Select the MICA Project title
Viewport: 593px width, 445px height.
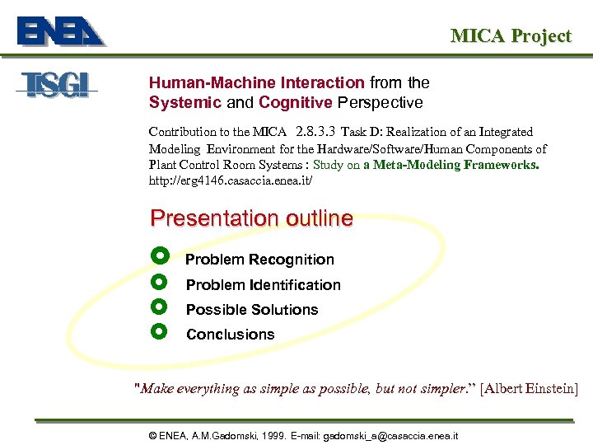(510, 35)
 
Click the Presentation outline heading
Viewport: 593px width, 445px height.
(251, 218)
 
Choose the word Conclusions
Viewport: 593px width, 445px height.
(231, 335)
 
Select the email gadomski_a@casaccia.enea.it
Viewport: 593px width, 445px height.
(391, 435)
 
